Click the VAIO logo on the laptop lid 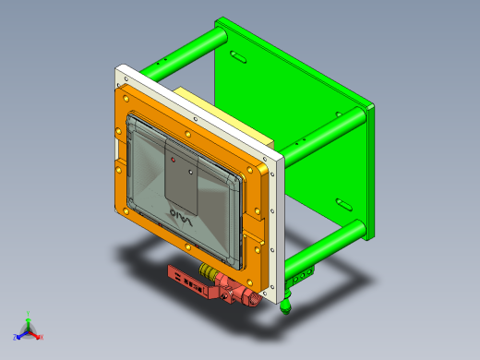[182, 218]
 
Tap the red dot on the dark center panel [174, 159]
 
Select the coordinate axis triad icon [28, 328]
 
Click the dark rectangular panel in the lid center [182, 175]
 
